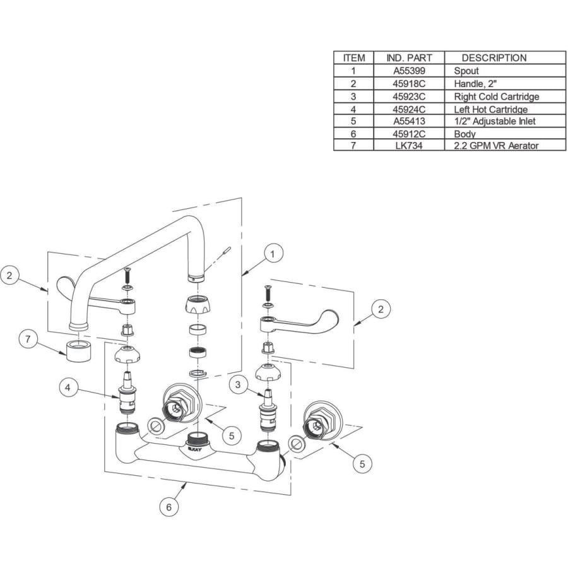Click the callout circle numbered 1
click(x=272, y=254)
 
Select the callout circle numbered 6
click(x=169, y=506)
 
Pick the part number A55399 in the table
click(x=409, y=71)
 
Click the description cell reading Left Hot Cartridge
click(x=490, y=109)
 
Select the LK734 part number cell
click(x=409, y=146)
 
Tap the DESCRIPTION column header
click(x=494, y=58)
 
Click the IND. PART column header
click(x=409, y=58)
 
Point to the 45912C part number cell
click(x=409, y=134)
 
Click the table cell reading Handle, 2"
click(x=475, y=84)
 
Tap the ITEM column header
click(x=353, y=58)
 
